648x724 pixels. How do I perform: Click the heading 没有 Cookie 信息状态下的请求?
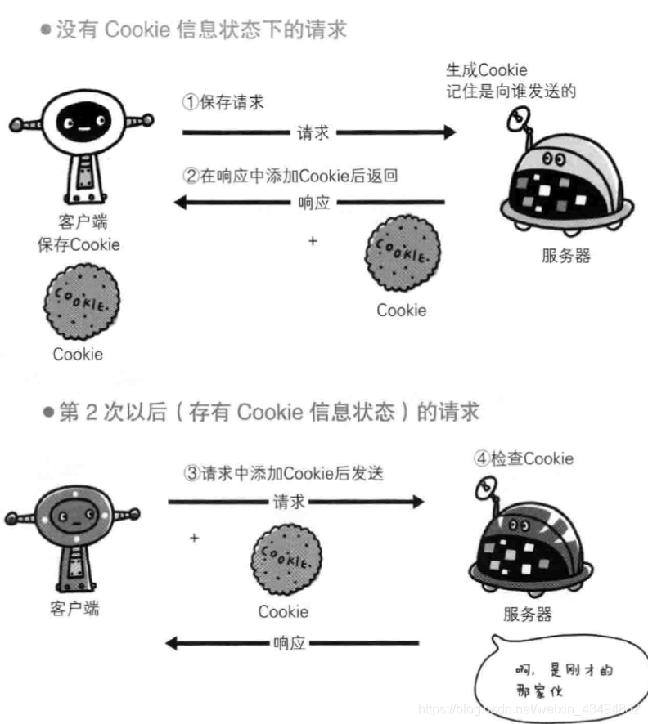coord(201,31)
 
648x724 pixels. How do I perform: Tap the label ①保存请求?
coord(223,104)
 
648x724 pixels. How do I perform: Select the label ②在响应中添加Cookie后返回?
coord(290,175)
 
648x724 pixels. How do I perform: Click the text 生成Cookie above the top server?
coord(486,70)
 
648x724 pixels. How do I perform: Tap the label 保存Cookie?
coord(79,244)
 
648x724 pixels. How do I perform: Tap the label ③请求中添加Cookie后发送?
coord(283,473)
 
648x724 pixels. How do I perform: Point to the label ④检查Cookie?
coord(524,458)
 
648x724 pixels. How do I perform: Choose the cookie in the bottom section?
coord(284,559)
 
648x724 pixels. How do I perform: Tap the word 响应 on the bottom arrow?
coord(290,643)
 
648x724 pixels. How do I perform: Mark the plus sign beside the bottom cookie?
coord(194,538)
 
